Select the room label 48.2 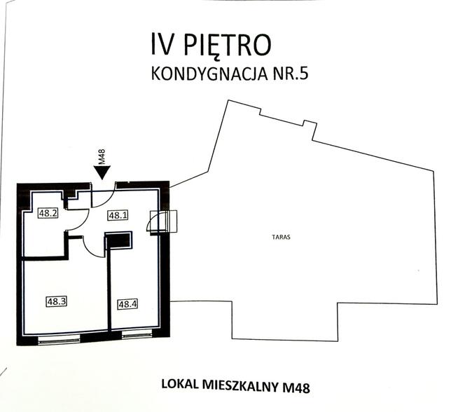tap(48, 214)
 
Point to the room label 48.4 tap(126, 304)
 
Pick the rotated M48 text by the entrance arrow tap(102, 156)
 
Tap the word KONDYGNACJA tap(208, 74)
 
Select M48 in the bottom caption tap(296, 385)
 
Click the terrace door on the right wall tap(167, 221)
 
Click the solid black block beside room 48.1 tap(119, 241)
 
